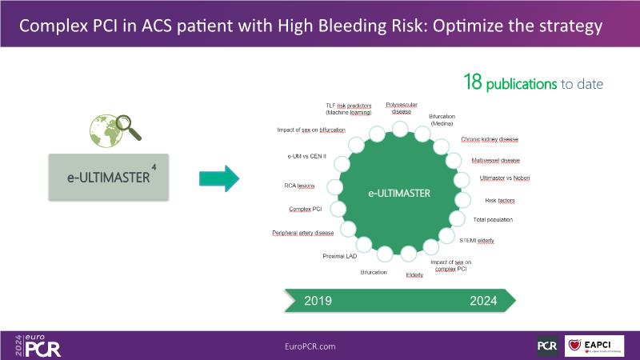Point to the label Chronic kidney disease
coord(490,139)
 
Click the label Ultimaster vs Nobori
coord(503,178)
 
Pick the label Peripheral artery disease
coord(303,233)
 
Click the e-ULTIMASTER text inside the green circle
coord(399,194)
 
